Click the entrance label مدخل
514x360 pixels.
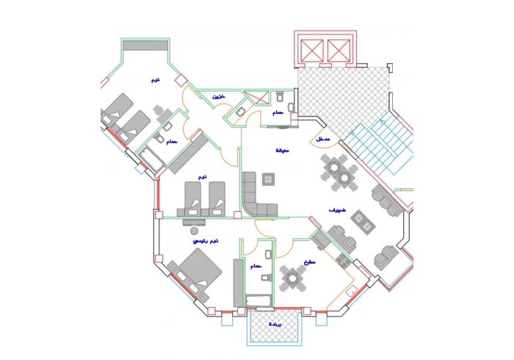(x=323, y=140)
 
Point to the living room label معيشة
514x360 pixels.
(x=282, y=151)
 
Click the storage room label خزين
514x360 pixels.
(x=219, y=97)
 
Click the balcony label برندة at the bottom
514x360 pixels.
(x=275, y=323)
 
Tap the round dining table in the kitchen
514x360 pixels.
(x=292, y=278)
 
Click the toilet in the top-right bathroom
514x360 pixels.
(x=280, y=98)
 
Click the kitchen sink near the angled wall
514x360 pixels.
(x=352, y=292)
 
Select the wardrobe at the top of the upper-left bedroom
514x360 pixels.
(x=145, y=45)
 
